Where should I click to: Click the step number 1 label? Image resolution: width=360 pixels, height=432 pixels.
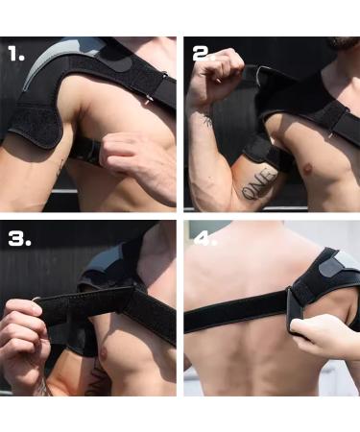(x=17, y=55)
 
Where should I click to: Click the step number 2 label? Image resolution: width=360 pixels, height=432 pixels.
(x=204, y=54)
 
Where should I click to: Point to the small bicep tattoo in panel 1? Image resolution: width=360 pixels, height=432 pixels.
(x=60, y=168)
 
